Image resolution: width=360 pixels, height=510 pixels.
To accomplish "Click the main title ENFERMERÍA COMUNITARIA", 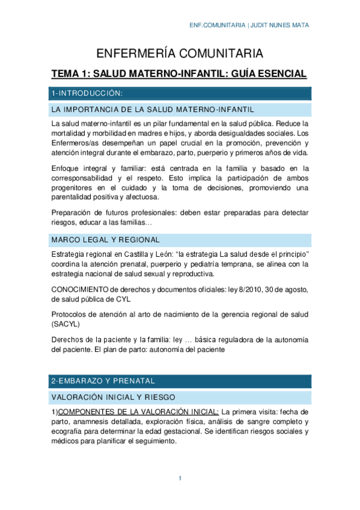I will pos(180,53).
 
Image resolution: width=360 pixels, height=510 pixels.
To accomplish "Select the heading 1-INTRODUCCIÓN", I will pos(87,93).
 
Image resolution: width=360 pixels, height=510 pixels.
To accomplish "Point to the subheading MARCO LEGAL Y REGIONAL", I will pos(105,239).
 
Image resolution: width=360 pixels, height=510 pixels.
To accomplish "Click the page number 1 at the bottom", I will pos(180,478).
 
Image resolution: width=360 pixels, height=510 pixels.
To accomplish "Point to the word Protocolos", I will pos(71,314).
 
